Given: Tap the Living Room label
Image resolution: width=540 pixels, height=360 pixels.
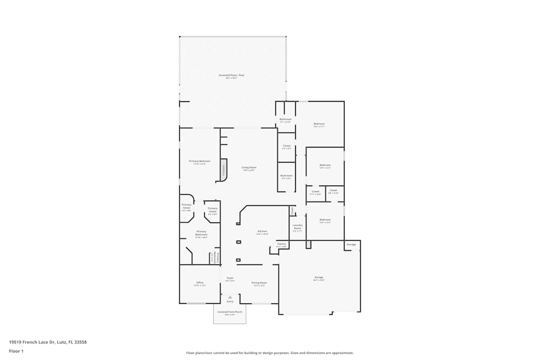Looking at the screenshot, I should pyautogui.click(x=249, y=167).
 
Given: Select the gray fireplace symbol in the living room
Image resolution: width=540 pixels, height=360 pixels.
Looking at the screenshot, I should pyautogui.click(x=223, y=172).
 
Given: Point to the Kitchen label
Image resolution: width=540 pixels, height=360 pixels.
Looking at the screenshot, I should pyautogui.click(x=262, y=232).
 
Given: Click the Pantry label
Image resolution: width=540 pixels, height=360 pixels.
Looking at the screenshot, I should pyautogui.click(x=281, y=244).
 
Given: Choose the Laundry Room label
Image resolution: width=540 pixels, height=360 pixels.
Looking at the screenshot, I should pyautogui.click(x=298, y=227).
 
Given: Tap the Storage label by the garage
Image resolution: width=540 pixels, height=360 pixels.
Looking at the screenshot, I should pyautogui.click(x=351, y=245).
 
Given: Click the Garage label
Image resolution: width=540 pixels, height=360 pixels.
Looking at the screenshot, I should pyautogui.click(x=319, y=277).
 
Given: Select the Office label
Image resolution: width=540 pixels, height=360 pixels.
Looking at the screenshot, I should pyautogui.click(x=200, y=283).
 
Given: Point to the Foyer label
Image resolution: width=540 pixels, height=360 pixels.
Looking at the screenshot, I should pyautogui.click(x=230, y=278).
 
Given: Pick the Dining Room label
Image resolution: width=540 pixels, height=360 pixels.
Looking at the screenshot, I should pyautogui.click(x=259, y=283).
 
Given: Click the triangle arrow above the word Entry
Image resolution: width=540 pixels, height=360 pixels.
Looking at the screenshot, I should pyautogui.click(x=230, y=297).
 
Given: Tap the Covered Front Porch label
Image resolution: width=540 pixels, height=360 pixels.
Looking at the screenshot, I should pyautogui.click(x=230, y=312).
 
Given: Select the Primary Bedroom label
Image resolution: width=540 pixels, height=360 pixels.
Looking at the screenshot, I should pyautogui.click(x=200, y=161).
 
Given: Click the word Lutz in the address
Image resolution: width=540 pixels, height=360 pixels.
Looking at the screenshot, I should pyautogui.click(x=61, y=342).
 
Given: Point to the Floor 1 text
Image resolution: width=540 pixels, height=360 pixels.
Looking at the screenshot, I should pyautogui.click(x=16, y=351).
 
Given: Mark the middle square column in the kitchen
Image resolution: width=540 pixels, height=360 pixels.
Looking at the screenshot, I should pyautogui.click(x=238, y=242).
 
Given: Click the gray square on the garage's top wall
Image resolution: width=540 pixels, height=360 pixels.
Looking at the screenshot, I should pyautogui.click(x=308, y=244).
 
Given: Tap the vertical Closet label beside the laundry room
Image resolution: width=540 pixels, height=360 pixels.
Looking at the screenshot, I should pyautogui.click(x=292, y=210).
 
